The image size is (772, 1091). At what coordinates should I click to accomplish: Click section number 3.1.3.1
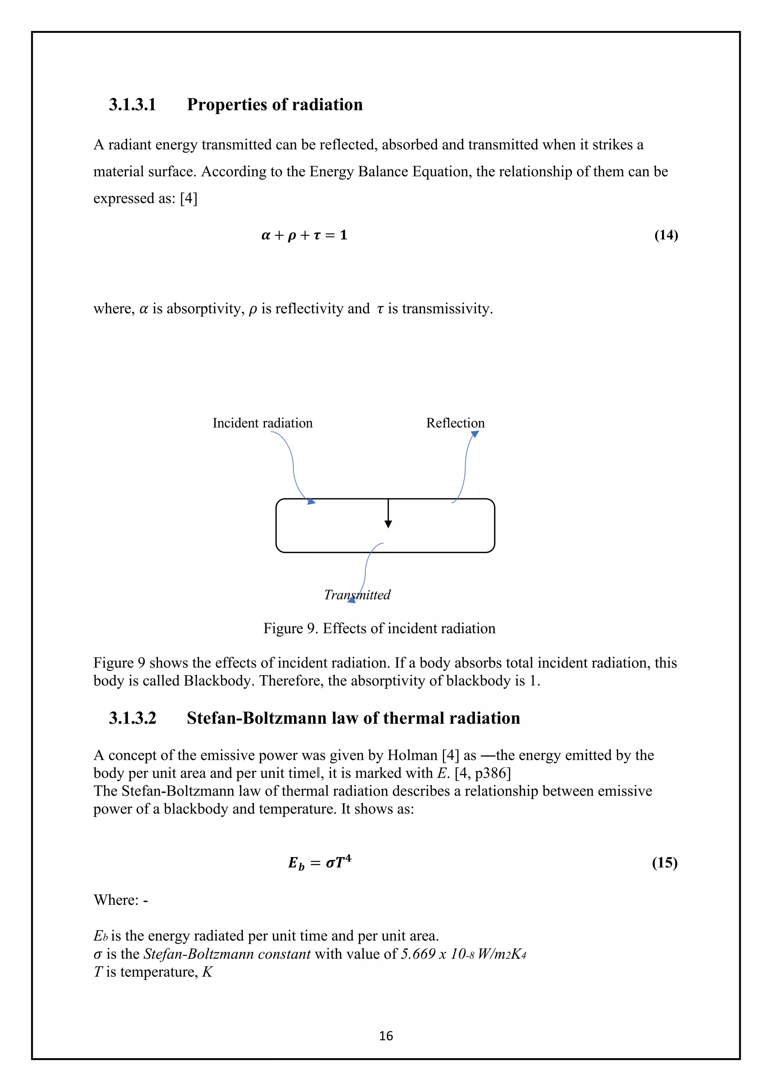(132, 104)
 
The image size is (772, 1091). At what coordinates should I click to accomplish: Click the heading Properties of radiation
(274, 104)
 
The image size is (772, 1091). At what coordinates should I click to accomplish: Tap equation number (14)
(666, 235)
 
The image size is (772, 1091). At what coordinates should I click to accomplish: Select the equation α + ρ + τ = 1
(304, 235)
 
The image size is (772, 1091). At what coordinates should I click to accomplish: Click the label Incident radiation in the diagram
(262, 423)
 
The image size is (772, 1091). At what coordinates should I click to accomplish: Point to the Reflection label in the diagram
(455, 423)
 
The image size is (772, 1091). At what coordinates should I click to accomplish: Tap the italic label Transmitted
(357, 594)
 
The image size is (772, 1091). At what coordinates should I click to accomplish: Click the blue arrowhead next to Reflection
(475, 434)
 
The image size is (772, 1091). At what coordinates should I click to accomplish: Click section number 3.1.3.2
(132, 718)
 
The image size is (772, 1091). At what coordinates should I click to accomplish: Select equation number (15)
(664, 862)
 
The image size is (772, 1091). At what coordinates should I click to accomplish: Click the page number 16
(386, 1036)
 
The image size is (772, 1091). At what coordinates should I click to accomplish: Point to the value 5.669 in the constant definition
(418, 953)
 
